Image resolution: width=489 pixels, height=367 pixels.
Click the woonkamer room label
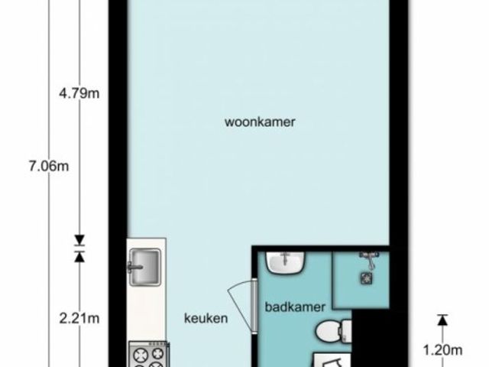(x=260, y=122)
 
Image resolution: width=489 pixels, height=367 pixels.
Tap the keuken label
(x=206, y=318)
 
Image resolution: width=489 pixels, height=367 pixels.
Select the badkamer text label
(x=295, y=307)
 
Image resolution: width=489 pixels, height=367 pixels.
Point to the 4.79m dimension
(x=79, y=93)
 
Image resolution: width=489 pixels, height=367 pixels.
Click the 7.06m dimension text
(x=49, y=166)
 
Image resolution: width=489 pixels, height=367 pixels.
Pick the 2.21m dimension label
(x=79, y=318)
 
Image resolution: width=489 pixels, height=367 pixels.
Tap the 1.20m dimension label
(x=442, y=350)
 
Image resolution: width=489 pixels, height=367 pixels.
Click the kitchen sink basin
(x=145, y=267)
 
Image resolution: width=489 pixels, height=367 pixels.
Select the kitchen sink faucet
(x=134, y=267)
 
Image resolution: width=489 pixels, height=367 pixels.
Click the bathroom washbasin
(x=285, y=263)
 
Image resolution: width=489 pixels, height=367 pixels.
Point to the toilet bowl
(x=329, y=332)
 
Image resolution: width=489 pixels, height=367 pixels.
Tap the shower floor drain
(x=367, y=278)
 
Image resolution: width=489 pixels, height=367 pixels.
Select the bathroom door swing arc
(x=239, y=304)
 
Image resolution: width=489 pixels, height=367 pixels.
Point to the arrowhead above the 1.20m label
(x=442, y=320)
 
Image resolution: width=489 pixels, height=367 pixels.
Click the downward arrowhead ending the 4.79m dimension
(x=79, y=239)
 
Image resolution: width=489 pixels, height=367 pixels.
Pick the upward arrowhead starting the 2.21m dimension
(x=79, y=257)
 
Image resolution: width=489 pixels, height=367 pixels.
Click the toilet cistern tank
(x=346, y=331)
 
